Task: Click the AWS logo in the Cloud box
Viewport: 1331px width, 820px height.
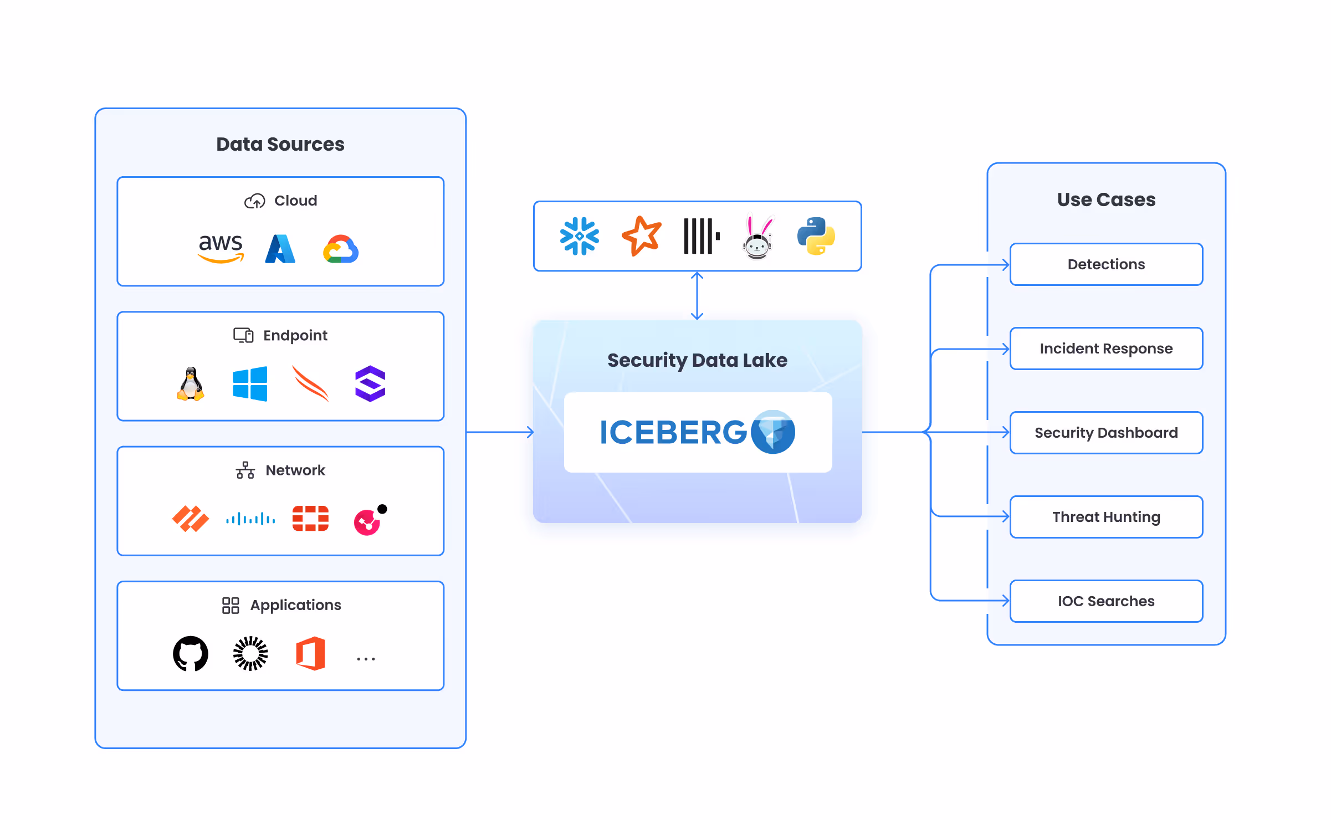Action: tap(221, 248)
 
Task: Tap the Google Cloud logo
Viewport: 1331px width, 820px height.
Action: tap(341, 249)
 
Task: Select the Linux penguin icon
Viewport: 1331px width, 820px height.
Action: tap(191, 383)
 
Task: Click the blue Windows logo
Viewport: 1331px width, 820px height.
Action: tap(250, 383)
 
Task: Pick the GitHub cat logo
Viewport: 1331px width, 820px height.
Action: tap(191, 653)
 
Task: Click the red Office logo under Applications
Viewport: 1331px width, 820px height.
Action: tap(310, 653)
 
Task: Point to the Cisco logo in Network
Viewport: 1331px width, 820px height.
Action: tap(250, 519)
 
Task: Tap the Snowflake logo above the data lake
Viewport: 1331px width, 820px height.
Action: tap(580, 236)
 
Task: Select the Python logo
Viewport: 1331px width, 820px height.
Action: tap(816, 236)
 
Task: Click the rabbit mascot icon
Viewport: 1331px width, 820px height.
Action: tap(757, 236)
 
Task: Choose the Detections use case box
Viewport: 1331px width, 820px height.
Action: tap(1106, 264)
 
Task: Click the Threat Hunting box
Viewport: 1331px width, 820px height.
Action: tap(1106, 517)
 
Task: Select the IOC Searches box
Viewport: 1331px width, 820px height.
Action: tap(1106, 601)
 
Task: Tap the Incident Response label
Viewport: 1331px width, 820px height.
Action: tap(1106, 348)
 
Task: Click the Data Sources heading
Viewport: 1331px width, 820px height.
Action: tap(280, 144)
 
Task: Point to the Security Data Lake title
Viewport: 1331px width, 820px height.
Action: tap(697, 360)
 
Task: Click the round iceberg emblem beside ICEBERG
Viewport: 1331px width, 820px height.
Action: tap(773, 432)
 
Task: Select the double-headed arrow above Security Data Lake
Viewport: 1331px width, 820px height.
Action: tap(697, 296)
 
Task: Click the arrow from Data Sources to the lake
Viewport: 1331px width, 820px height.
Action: tap(500, 432)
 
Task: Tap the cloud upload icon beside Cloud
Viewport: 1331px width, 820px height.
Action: tap(255, 201)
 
